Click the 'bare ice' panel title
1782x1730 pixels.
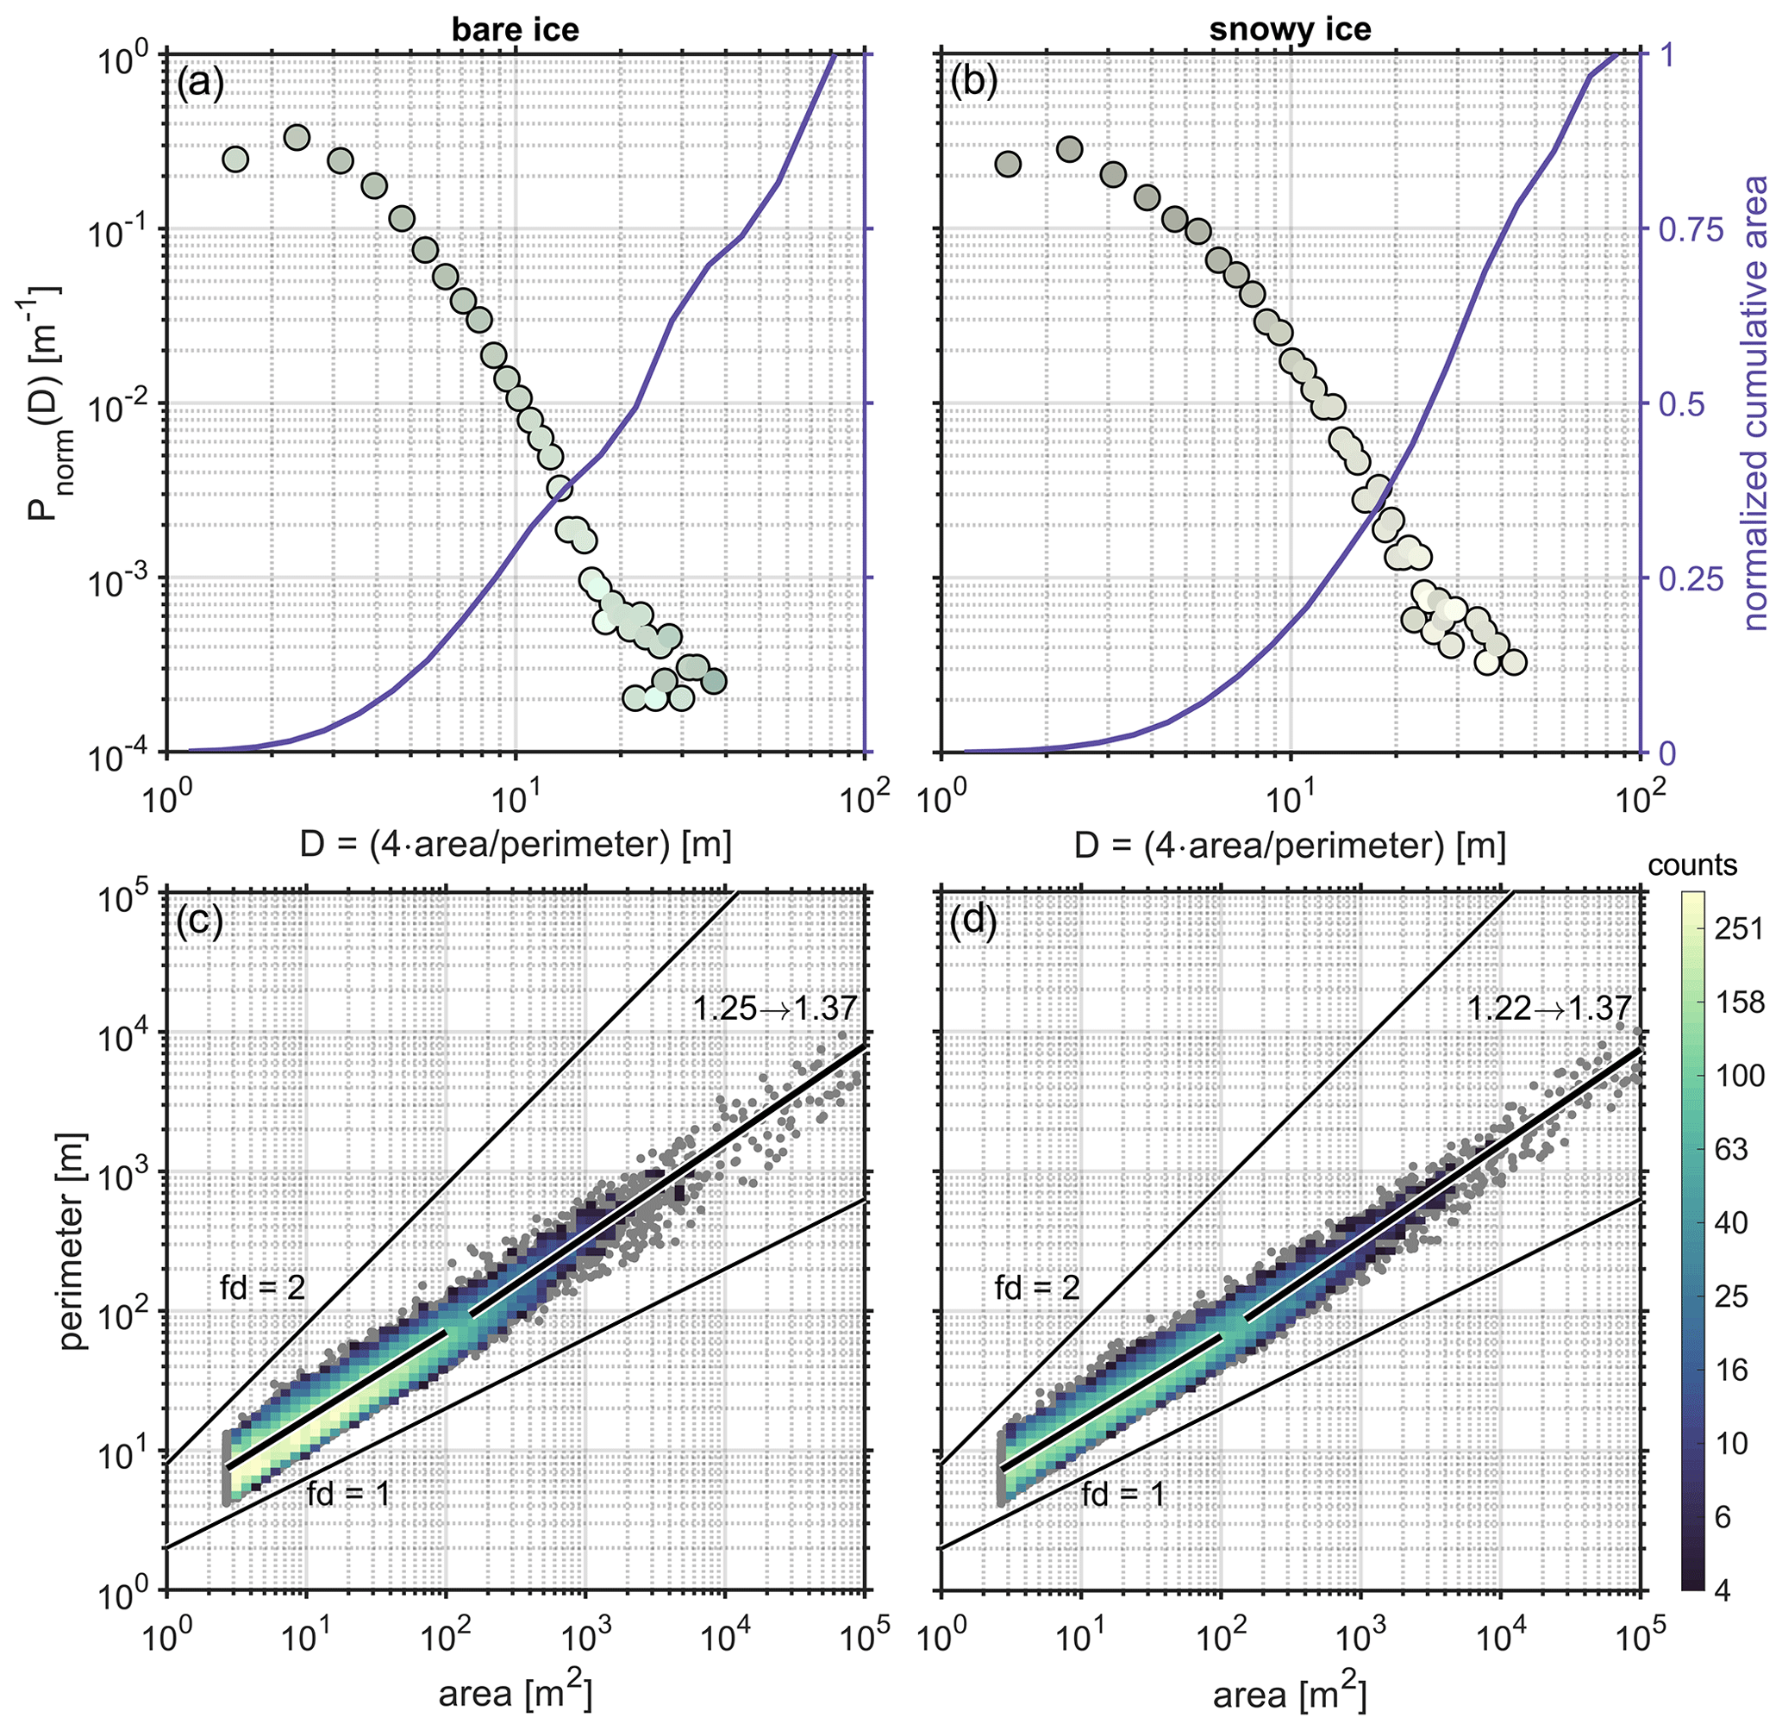pos(516,29)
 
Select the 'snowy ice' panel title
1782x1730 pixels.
pos(1290,29)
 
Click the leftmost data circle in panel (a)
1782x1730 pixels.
pos(235,160)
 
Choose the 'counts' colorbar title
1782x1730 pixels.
pos(1692,865)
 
